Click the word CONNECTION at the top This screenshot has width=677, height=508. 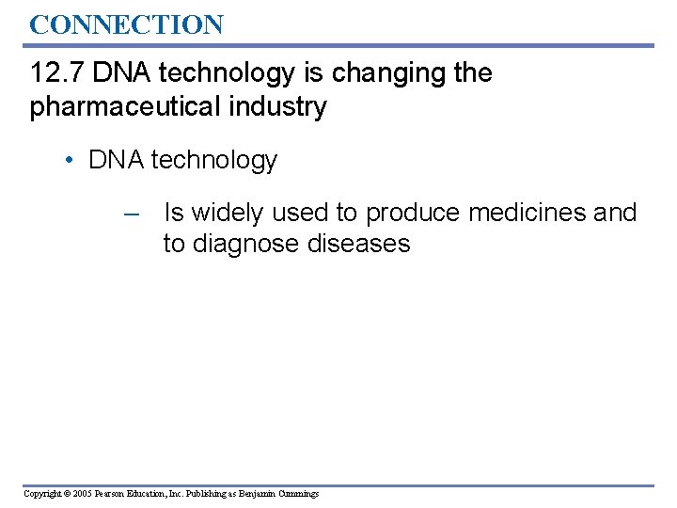126,24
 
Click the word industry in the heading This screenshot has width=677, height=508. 283,107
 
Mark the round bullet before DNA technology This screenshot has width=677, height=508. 71,161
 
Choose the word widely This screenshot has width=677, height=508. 228,214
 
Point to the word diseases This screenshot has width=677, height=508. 359,244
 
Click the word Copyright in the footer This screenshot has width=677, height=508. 45,494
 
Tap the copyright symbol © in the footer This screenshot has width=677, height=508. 75,494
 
